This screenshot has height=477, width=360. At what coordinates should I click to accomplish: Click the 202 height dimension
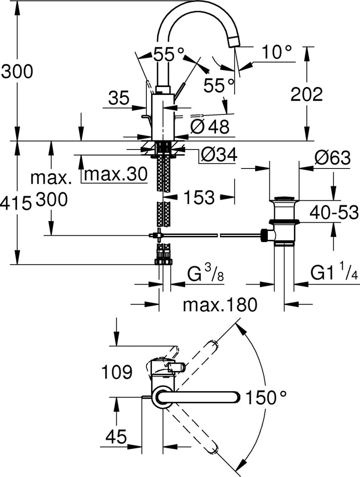(x=306, y=95)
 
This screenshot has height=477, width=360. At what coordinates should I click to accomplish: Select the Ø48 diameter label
(x=210, y=127)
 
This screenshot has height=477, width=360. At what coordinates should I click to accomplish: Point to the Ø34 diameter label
(x=218, y=155)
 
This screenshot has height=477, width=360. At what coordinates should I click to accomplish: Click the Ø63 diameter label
(x=332, y=158)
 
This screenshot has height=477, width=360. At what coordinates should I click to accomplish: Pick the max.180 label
(x=220, y=305)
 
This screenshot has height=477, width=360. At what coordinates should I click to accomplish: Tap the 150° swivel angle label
(x=266, y=397)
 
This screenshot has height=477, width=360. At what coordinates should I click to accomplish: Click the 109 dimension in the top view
(x=117, y=373)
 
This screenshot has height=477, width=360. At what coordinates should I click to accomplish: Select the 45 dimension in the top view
(x=116, y=438)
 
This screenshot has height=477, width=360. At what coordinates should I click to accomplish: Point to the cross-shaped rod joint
(x=158, y=236)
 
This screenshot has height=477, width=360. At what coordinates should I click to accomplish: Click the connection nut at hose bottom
(x=163, y=262)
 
